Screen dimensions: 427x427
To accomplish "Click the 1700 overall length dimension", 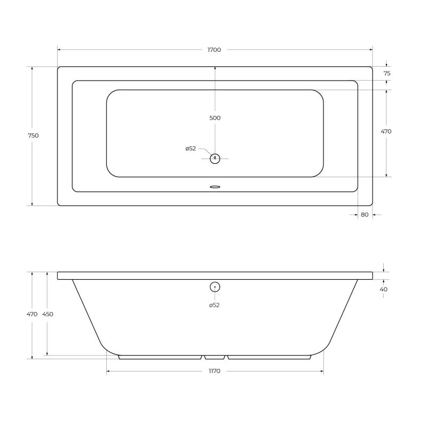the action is pyautogui.click(x=214, y=50).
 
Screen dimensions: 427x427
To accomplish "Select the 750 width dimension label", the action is pyautogui.click(x=33, y=136).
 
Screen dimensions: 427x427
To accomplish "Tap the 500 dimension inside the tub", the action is pyautogui.click(x=215, y=118).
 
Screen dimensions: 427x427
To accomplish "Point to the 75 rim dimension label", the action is pyautogui.click(x=387, y=73).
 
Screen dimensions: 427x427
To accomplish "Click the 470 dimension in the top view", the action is pyautogui.click(x=386, y=131).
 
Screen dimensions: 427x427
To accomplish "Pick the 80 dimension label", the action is pyautogui.click(x=365, y=215).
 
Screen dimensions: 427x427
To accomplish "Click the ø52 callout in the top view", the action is pyautogui.click(x=191, y=148).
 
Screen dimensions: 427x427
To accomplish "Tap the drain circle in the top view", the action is pyautogui.click(x=215, y=159).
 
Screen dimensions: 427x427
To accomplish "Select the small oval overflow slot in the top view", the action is pyautogui.click(x=215, y=187).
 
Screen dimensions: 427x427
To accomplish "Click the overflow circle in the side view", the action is pyautogui.click(x=215, y=287).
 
